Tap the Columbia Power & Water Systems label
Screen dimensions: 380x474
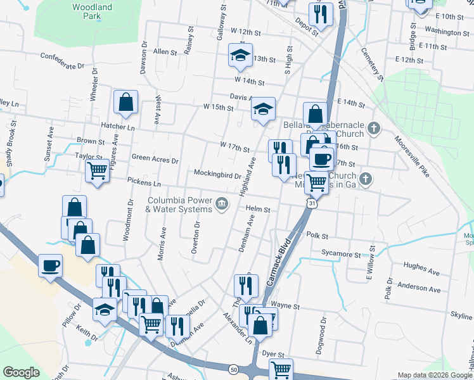tap(179, 205)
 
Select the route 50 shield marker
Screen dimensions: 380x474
tap(234, 369)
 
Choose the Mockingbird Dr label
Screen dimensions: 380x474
tap(217, 175)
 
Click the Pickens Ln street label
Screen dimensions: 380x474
tap(144, 183)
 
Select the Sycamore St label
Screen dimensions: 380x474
tap(341, 255)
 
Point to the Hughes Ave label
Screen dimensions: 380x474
tap(421, 271)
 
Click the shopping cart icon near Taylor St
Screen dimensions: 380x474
tap(97, 170)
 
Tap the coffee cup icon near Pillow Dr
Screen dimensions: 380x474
tap(50, 265)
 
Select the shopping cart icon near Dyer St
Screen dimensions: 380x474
tap(281, 369)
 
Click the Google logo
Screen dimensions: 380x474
tap(21, 372)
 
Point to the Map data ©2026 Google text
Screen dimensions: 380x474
tap(435, 375)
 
